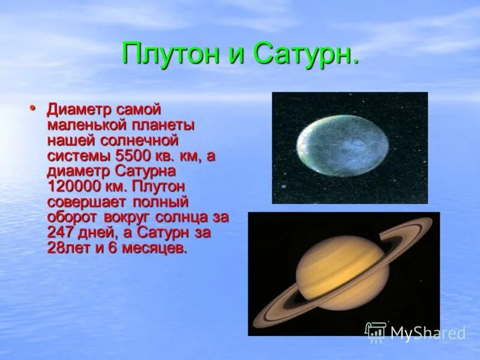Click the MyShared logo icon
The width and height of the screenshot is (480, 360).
[376, 332]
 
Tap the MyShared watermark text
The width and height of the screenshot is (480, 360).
[427, 334]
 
